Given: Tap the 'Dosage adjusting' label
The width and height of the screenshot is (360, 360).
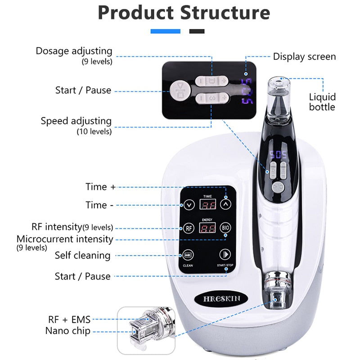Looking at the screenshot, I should [x=74, y=51].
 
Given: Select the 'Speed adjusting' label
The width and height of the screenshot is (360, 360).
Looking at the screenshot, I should [x=76, y=121].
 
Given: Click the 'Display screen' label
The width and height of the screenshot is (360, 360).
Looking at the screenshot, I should [x=304, y=56].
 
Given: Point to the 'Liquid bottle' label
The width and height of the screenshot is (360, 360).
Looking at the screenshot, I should [x=322, y=102].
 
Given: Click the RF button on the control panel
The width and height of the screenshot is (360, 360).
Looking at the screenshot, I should [x=189, y=228].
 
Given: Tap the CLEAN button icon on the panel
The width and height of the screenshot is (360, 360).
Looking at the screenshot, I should [x=188, y=254].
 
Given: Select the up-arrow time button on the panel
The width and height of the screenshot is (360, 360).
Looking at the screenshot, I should [x=226, y=204].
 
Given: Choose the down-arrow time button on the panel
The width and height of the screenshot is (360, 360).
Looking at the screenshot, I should [x=189, y=205].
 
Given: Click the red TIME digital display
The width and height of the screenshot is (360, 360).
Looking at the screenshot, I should [x=207, y=204].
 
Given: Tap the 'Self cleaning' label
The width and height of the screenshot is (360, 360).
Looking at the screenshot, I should [x=82, y=255].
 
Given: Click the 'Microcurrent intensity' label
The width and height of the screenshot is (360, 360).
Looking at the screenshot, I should [x=65, y=239].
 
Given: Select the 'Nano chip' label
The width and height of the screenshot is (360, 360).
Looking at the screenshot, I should [x=67, y=331].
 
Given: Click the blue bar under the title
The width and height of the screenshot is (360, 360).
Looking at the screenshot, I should [x=165, y=31].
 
